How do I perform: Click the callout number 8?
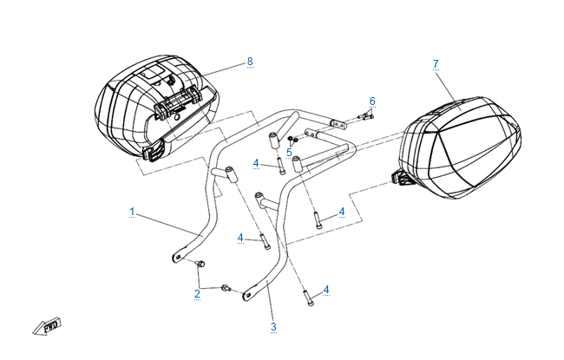(x=250, y=61)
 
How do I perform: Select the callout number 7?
(x=436, y=63)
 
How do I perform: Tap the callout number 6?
(x=372, y=101)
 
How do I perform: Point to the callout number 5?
(x=289, y=152)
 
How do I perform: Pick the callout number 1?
(x=132, y=212)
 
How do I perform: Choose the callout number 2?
(x=197, y=294)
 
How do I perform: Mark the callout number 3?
(x=273, y=327)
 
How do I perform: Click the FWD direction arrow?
(x=44, y=327)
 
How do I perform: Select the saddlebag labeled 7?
(x=464, y=147)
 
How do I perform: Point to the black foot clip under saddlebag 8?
(x=154, y=154)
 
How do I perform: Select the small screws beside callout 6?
(x=365, y=117)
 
